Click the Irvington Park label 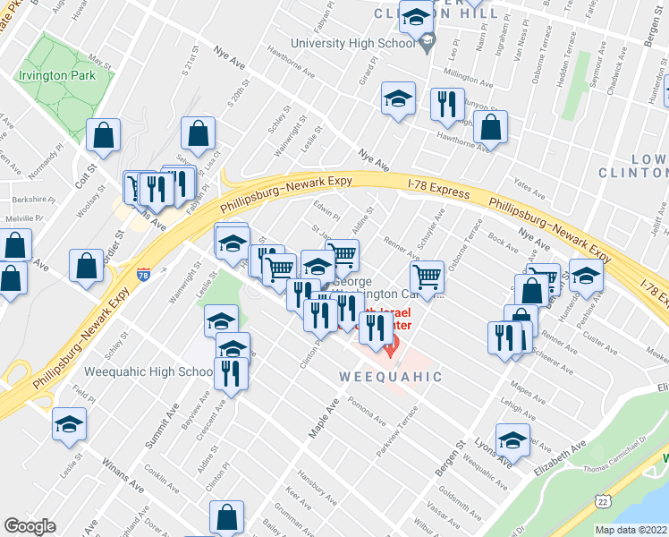coord(56,76)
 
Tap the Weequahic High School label coord(148,371)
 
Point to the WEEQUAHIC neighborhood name coord(391,377)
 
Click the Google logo coord(30,526)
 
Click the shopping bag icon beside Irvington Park coord(105,136)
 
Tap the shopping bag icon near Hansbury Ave coord(226,517)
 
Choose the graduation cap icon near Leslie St coord(69,425)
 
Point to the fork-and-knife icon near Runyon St coord(446,105)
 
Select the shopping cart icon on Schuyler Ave coord(428,278)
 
